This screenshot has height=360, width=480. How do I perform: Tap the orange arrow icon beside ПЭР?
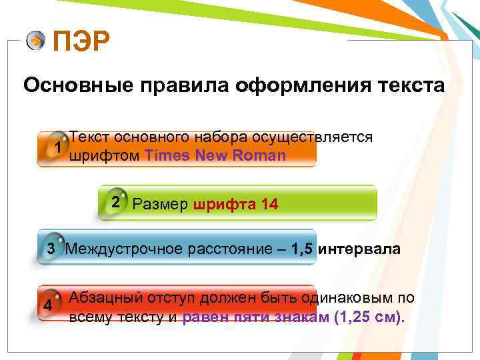click(36, 41)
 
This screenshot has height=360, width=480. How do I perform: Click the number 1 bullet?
click(59, 147)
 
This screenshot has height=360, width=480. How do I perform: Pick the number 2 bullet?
click(116, 202)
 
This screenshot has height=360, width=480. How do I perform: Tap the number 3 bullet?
click(49, 249)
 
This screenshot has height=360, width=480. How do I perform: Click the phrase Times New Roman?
click(215, 156)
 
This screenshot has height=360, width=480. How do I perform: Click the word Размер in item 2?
click(161, 205)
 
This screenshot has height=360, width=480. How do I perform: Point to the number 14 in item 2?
click(270, 205)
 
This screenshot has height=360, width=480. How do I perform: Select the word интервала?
click(359, 249)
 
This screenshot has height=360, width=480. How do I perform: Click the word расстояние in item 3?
click(233, 249)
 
